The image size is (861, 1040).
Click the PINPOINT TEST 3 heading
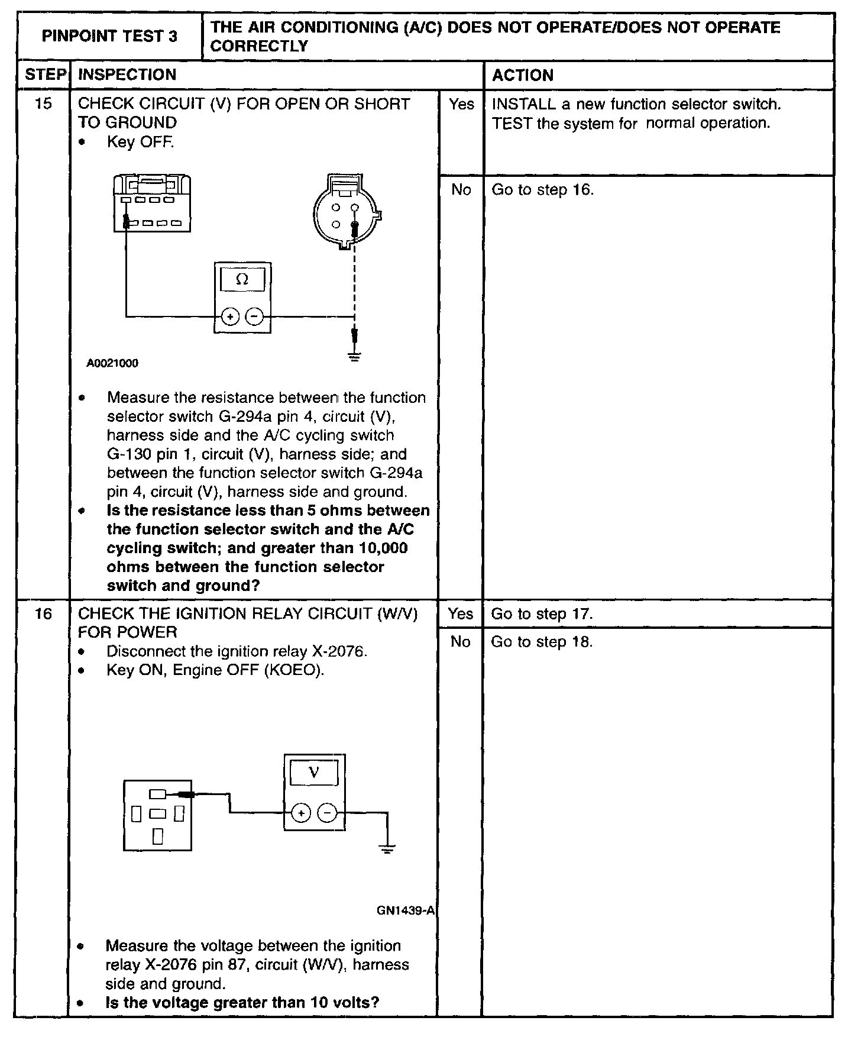109,37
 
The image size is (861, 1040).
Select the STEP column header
45,75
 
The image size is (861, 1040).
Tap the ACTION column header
523,75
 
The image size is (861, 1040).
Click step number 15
43,104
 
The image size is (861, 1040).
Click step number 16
43,613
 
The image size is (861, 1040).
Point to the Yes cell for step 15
461,105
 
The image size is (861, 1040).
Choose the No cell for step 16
461,642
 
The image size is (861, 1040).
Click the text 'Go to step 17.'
542,614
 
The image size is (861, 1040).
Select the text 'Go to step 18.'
542,642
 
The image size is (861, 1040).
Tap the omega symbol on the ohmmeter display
242,279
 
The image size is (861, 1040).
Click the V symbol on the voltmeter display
314,773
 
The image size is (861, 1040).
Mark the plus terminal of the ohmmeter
230,317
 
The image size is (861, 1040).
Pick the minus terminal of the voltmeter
327,813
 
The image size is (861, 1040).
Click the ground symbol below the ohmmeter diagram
354,357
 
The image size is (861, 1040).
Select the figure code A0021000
112,363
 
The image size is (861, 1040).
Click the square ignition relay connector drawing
157,815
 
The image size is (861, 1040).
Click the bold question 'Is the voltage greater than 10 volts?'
242,1003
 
